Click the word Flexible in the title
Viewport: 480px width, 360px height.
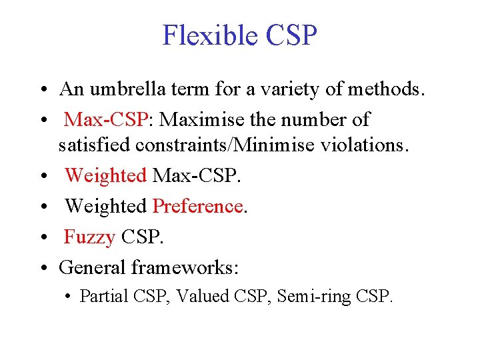pyautogui.click(x=204, y=35)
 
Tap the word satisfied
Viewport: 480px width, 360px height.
pyautogui.click(x=91, y=144)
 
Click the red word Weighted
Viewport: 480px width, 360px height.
pyautogui.click(x=105, y=176)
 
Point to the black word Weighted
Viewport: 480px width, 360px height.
pyautogui.click(x=105, y=207)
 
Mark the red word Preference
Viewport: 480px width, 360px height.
pyautogui.click(x=198, y=207)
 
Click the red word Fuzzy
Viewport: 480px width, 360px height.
pyautogui.click(x=89, y=237)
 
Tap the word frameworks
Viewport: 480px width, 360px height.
pyautogui.click(x=184, y=267)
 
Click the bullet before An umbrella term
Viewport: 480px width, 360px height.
pyautogui.click(x=42, y=90)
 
